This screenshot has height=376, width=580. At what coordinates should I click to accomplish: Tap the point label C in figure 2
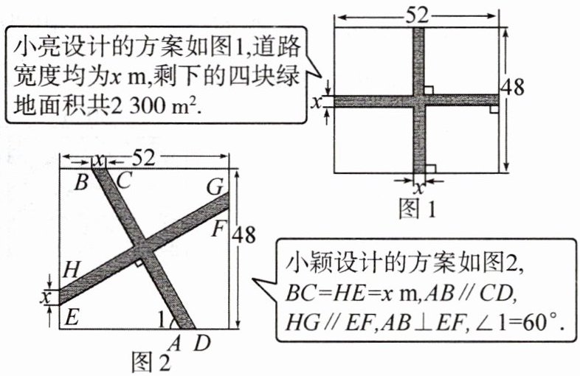pyautogui.click(x=124, y=180)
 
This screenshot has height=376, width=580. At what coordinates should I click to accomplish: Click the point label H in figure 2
pyautogui.click(x=71, y=270)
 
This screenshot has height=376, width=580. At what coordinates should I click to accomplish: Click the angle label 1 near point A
pyautogui.click(x=163, y=321)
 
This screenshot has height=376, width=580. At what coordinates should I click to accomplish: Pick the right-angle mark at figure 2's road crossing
pyautogui.click(x=138, y=262)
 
